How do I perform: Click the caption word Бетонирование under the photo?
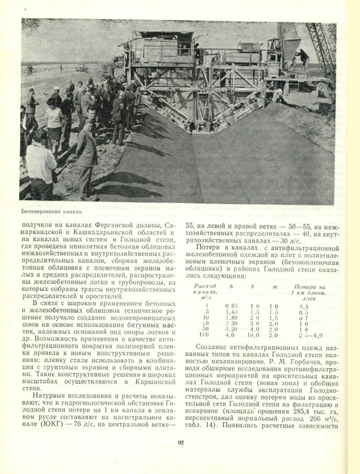click(x=42, y=212)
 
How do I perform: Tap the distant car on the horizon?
click(x=82, y=68)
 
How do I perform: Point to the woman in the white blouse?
click(x=54, y=124)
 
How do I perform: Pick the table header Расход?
click(x=205, y=286)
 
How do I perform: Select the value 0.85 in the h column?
click(x=231, y=305)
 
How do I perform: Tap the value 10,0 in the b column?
click(x=254, y=334)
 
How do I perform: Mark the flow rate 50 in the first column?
click(x=207, y=329)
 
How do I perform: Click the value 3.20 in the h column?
click(x=232, y=329)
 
